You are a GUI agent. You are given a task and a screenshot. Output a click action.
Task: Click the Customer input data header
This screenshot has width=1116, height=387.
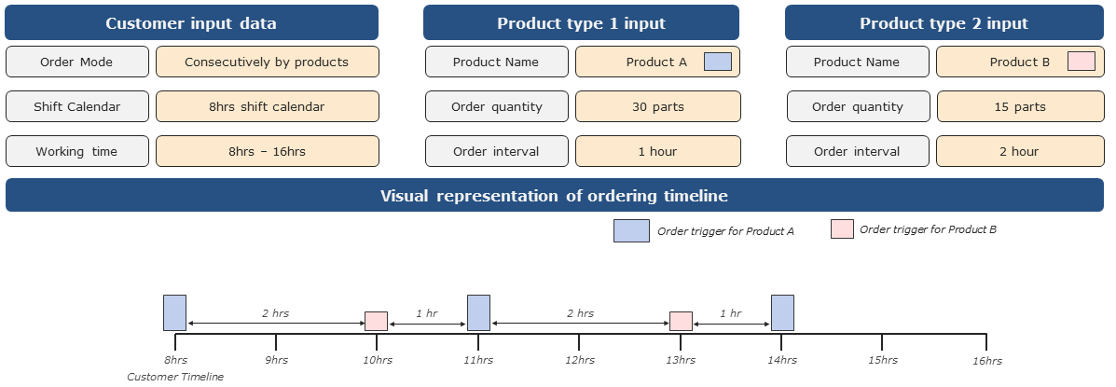point(191,22)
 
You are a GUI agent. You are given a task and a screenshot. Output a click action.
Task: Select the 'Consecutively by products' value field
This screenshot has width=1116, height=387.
point(267,62)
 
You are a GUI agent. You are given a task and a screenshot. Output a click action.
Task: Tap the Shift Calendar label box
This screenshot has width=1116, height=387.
point(76,106)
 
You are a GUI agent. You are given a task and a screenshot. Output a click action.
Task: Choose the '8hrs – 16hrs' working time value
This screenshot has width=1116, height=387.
point(267,151)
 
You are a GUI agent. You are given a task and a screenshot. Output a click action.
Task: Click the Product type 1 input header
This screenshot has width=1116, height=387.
point(581,22)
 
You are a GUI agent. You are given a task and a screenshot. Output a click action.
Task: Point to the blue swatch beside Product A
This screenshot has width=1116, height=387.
point(717,62)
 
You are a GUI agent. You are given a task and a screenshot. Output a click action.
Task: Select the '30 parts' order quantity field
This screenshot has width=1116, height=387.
point(657,106)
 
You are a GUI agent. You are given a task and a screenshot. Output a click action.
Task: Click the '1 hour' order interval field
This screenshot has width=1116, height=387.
point(657,151)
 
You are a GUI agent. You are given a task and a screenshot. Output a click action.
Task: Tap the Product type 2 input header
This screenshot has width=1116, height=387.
point(944,22)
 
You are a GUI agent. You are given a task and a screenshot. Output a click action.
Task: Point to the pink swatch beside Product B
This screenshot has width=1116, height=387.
point(1081,62)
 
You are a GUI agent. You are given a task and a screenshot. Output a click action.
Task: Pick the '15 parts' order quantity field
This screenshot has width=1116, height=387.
point(1018,106)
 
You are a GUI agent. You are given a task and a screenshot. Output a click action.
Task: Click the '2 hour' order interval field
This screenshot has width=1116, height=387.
point(1018,151)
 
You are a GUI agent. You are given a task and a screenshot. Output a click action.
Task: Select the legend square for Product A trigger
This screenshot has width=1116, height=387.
point(631,231)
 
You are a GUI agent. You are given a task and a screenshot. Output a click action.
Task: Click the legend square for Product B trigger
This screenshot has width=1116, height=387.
point(842,229)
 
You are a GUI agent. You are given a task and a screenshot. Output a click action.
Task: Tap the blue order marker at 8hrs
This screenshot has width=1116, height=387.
point(174,312)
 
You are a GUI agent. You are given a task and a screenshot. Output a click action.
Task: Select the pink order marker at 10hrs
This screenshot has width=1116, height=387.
point(376,321)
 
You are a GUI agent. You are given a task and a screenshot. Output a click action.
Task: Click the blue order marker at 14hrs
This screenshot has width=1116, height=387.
point(782,312)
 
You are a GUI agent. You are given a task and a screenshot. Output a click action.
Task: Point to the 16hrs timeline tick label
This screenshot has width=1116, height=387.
point(987,361)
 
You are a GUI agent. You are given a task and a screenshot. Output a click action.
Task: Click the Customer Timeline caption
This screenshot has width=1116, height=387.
point(175,377)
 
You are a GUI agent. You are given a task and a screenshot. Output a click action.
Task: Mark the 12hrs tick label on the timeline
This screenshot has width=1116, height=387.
point(579,360)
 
